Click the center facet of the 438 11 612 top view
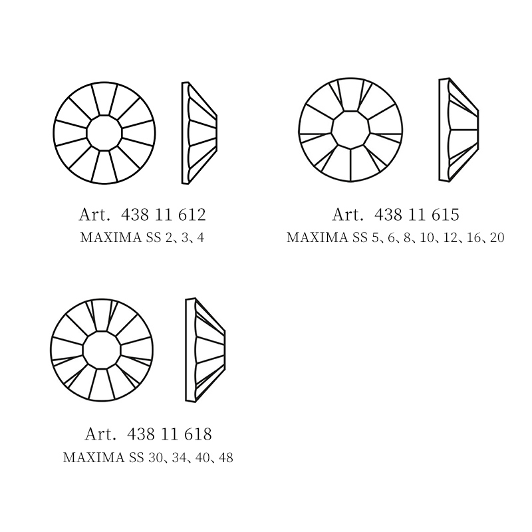coord(104,132)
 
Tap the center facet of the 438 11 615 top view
coord(350,130)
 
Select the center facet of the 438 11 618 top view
coord(102,350)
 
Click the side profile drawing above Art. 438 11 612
coord(199,133)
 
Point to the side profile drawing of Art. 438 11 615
coord(458,130)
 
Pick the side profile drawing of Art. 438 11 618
coord(205,350)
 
